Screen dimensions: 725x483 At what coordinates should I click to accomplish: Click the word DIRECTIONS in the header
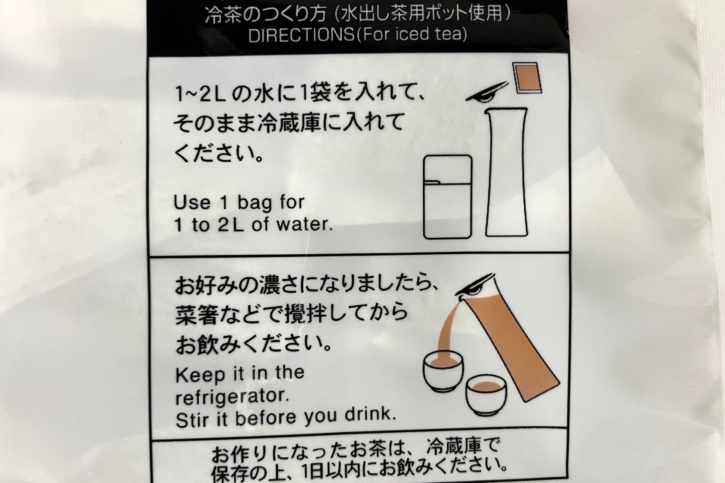tap(301, 35)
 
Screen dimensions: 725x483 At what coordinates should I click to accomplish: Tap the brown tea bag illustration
tap(527, 77)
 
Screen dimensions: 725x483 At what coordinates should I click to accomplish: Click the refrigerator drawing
tap(448, 197)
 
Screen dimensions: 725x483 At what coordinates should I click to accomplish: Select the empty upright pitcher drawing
tap(506, 172)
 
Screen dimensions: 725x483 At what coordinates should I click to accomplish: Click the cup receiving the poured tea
tap(443, 371)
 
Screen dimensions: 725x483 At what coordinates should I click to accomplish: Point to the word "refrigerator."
tap(232, 397)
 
